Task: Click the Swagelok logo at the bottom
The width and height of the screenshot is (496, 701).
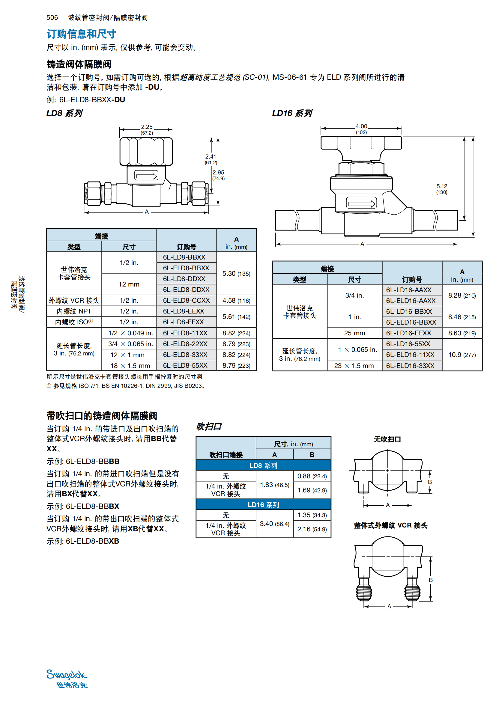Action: pyautogui.click(x=67, y=679)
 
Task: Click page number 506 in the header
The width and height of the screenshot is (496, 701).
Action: pyautogui.click(x=52, y=18)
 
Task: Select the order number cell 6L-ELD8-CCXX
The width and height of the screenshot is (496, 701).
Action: pyautogui.click(x=186, y=300)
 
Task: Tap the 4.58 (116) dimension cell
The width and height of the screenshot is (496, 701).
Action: pyautogui.click(x=236, y=300)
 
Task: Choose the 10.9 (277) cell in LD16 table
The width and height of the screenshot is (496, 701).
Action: pyautogui.click(x=462, y=355)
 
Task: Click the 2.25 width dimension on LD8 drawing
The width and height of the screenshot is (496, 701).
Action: pyautogui.click(x=147, y=129)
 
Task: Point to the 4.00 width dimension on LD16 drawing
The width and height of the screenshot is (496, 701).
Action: pyautogui.click(x=361, y=129)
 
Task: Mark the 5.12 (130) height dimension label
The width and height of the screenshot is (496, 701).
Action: pyautogui.click(x=442, y=189)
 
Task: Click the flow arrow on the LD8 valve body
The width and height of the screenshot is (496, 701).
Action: pyautogui.click(x=147, y=176)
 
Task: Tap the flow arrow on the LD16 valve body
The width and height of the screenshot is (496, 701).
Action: pyautogui.click(x=361, y=203)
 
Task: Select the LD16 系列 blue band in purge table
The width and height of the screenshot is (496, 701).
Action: pyautogui.click(x=263, y=505)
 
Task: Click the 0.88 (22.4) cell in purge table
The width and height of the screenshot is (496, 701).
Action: pyautogui.click(x=312, y=476)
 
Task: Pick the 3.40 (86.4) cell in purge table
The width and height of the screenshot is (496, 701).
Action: pyautogui.click(x=274, y=524)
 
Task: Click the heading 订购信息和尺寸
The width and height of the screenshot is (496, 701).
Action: pyautogui.click(x=81, y=34)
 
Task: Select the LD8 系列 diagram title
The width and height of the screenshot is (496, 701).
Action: pyautogui.click(x=64, y=113)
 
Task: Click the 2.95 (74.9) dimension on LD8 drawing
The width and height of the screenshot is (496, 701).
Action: pyautogui.click(x=218, y=175)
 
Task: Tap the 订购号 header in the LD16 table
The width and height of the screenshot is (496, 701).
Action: pyautogui.click(x=412, y=279)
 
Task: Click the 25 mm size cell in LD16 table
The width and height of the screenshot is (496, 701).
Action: pyautogui.click(x=354, y=333)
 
